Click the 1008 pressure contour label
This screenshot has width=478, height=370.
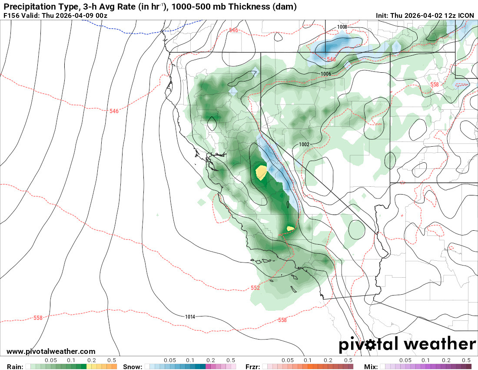click(342, 27)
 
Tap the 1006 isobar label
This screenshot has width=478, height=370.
click(326, 74)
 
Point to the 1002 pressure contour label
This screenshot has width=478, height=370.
click(304, 144)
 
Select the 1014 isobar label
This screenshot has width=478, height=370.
click(190, 316)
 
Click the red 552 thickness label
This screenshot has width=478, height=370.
click(255, 288)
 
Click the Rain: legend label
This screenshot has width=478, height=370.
click(15, 367)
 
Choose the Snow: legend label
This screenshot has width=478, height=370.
click(133, 367)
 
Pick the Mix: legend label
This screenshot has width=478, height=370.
click(371, 367)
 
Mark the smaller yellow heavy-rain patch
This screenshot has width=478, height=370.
click(290, 228)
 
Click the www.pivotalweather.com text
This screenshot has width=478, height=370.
click(51, 351)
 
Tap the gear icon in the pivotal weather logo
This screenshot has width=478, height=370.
click(370, 345)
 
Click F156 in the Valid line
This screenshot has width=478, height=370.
click(11, 16)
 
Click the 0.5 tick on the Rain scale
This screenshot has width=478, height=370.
click(112, 360)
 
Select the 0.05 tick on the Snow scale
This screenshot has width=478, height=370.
click(170, 360)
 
